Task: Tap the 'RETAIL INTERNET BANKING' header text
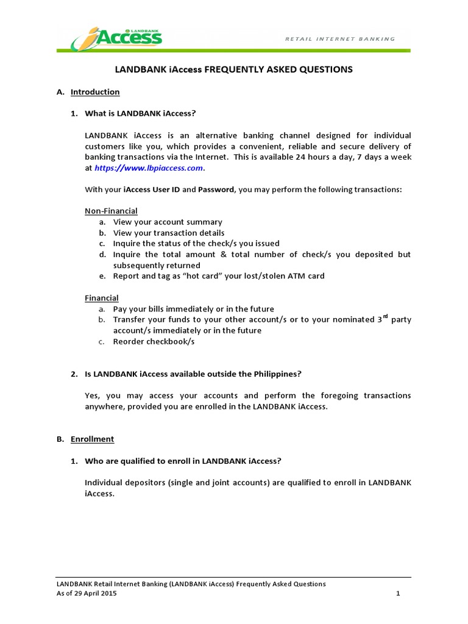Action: pos(340,39)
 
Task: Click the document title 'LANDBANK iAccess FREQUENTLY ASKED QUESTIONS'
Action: pos(234,69)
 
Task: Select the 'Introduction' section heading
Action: pos(95,92)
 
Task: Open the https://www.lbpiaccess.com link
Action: pos(149,168)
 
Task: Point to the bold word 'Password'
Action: pos(216,190)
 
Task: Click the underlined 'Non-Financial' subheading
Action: pos(111,211)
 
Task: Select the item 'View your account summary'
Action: pos(168,222)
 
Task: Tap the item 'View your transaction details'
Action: pos(169,233)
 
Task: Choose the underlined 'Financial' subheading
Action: pos(101,298)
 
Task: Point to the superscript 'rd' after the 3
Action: pos(385,317)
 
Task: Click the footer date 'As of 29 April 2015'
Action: pos(87,594)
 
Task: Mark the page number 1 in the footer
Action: pos(397,594)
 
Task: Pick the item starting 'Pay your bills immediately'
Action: pos(193,309)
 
